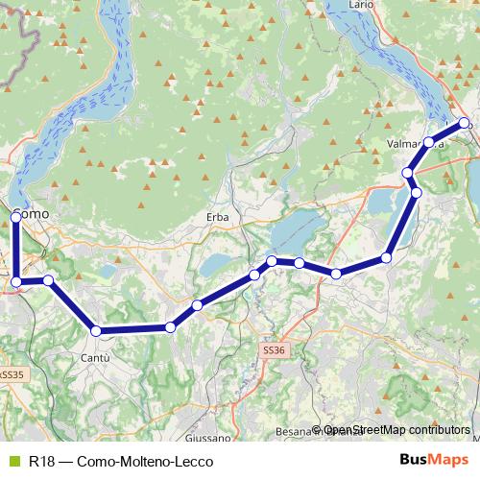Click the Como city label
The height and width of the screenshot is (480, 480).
click(33, 212)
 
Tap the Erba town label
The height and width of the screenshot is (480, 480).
click(218, 218)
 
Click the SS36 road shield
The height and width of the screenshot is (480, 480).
click(274, 351)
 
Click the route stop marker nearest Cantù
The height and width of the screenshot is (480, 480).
click(96, 331)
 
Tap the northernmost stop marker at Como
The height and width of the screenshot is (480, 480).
click(16, 218)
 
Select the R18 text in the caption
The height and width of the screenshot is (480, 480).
click(41, 461)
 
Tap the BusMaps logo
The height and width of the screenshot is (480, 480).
click(433, 461)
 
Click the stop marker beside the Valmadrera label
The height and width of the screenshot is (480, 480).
click(429, 142)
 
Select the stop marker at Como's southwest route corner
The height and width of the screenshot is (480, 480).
click(16, 282)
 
